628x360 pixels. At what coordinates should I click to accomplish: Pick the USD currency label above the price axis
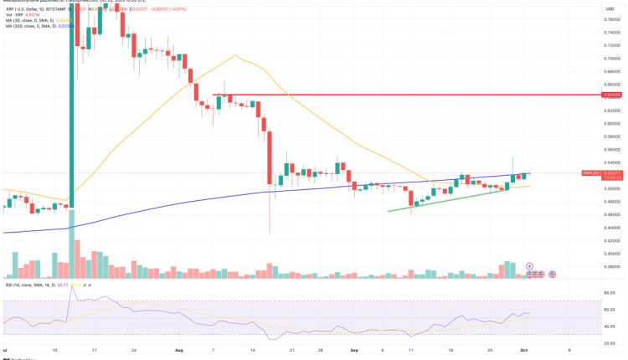point(599,8)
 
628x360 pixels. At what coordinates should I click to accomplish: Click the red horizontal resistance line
point(377,95)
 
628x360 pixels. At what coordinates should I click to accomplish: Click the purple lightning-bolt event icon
point(529,266)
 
